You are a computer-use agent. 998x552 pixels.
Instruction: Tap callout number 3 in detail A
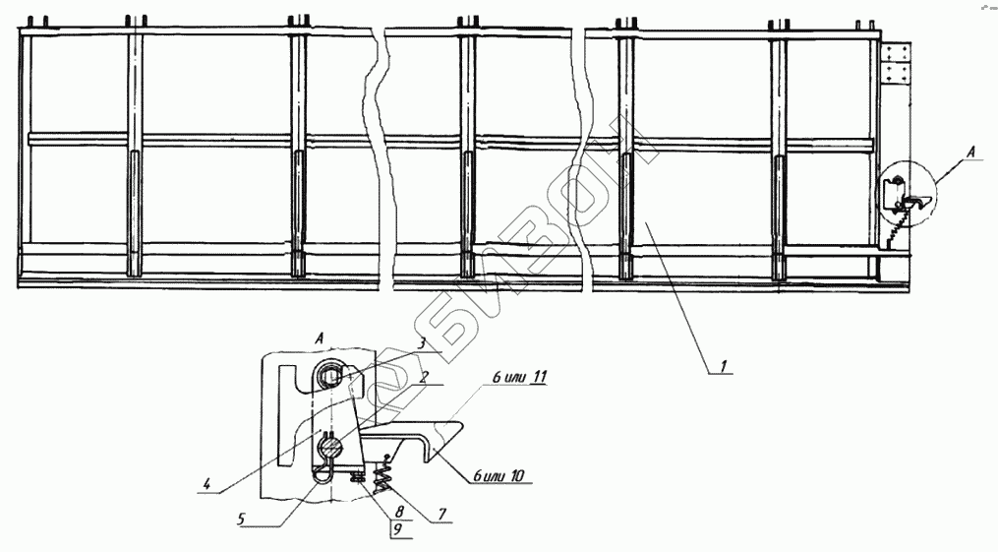[x=419, y=341]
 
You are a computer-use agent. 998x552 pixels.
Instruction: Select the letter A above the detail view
[x=322, y=337]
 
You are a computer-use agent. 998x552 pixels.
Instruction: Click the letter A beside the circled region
[x=971, y=153]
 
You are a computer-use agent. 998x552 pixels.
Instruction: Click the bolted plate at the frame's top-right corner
[x=897, y=65]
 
